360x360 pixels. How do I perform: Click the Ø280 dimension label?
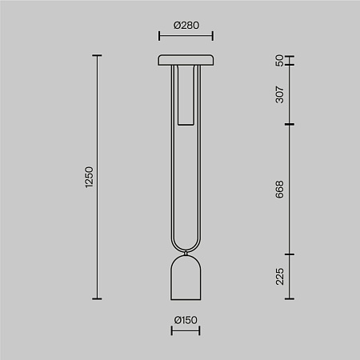(186, 26)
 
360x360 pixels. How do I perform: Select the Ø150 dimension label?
(186, 320)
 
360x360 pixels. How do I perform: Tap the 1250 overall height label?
(89, 177)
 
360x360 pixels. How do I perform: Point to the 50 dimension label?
(279, 61)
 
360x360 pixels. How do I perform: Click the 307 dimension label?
(279, 94)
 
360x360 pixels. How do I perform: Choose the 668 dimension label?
(279, 190)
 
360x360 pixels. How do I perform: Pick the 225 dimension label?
(279, 277)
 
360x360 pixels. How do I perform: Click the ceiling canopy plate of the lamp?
(186, 60)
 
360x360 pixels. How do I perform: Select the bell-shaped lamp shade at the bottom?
(186, 278)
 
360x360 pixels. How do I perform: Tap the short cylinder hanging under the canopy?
(186, 95)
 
